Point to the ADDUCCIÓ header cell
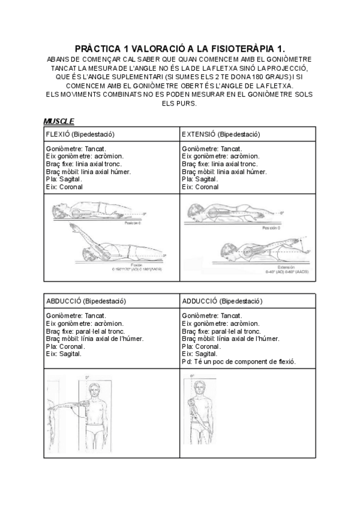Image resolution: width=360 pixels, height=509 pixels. pyautogui.click(x=221, y=300)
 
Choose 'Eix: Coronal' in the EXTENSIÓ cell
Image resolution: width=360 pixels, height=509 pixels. pyautogui.click(x=200, y=187)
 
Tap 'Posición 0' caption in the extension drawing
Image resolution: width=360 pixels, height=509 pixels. pyautogui.click(x=271, y=228)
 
